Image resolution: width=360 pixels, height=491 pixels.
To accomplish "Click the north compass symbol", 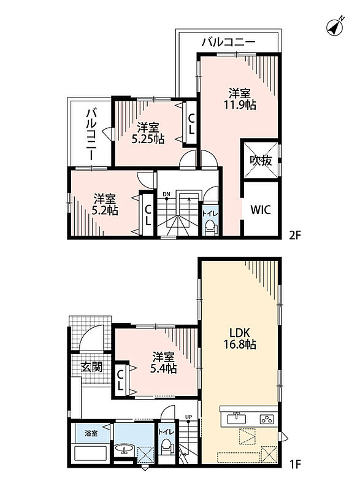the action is [x=335, y=26].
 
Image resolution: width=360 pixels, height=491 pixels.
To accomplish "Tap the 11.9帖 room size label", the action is [x=240, y=105].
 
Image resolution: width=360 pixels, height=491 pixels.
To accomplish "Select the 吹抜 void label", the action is [x=261, y=161].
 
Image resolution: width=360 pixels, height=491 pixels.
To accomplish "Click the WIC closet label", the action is [x=261, y=209].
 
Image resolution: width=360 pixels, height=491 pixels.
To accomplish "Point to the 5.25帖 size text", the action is [x=148, y=139].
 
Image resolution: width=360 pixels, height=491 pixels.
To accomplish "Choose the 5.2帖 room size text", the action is [x=105, y=211].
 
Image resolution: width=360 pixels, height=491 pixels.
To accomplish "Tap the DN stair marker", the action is [x=166, y=195].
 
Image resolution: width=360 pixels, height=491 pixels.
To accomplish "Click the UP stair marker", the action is [x=188, y=417].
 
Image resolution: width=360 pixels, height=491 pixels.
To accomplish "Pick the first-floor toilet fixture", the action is [x=166, y=446].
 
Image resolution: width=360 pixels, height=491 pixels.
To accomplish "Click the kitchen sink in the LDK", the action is [x=237, y=418].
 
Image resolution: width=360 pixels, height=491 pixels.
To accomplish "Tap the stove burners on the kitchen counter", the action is [x=267, y=419].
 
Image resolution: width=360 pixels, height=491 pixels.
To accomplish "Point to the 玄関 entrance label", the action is [x=91, y=366].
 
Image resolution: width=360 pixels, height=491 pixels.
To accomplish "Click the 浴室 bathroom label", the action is [x=91, y=433].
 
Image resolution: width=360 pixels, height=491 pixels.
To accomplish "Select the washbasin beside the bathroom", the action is [x=124, y=449].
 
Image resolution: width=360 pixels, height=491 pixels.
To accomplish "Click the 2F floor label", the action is [x=294, y=235].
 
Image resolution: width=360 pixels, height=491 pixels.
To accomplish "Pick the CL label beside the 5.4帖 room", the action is [x=120, y=380].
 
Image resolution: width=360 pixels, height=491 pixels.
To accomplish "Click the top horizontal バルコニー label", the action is [x=228, y=42].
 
